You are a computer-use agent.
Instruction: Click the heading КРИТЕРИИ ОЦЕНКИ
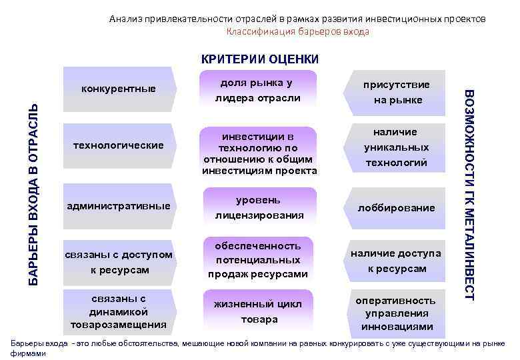coord(260,59)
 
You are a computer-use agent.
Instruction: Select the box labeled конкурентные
coord(118,88)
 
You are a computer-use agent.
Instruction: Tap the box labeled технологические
coord(118,145)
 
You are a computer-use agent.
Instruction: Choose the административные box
coord(118,205)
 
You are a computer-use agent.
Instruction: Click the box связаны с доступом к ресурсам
coord(118,262)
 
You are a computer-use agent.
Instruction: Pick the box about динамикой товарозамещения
coord(118,311)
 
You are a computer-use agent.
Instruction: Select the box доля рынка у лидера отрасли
coord(257,91)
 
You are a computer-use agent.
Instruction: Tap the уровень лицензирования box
coord(257,207)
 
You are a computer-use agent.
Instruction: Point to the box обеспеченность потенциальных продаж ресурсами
coord(257,259)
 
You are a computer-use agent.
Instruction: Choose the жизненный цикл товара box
coord(257,311)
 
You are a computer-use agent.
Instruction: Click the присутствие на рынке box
coord(396,92)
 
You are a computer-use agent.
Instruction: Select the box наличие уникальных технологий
coord(396,147)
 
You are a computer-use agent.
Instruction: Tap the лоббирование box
coord(396,207)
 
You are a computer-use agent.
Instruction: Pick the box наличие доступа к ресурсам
coord(396,261)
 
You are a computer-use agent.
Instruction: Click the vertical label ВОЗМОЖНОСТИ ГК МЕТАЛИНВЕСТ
coord(468,194)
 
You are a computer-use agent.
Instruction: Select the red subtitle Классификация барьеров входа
coord(297,31)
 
